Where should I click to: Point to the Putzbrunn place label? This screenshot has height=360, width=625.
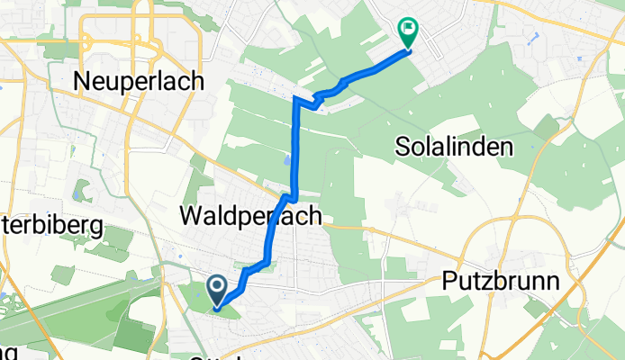pos(502,282)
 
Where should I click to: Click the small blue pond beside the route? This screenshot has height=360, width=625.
pos(286,159)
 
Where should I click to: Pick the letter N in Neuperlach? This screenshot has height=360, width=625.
pos(83,81)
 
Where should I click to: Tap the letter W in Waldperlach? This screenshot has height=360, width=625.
pos(191,216)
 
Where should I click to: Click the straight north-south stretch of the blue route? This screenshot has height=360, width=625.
pos(295,144)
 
